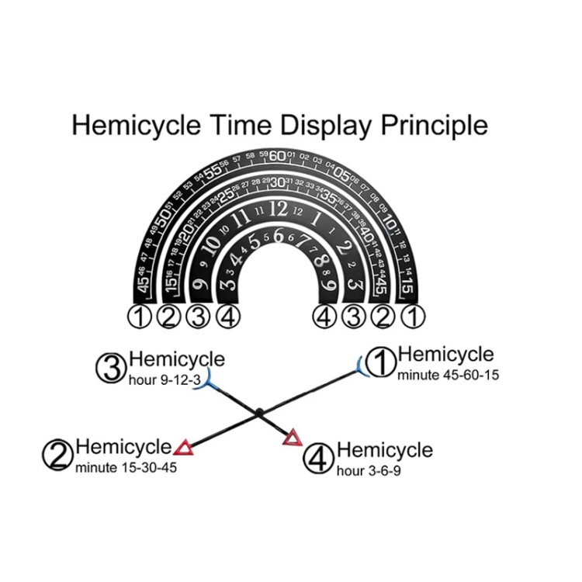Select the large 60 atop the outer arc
click(x=277, y=155)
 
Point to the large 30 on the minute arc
click(x=277, y=182)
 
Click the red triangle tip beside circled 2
click(x=183, y=447)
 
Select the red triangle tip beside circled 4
click(x=293, y=439)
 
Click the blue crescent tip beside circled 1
click(x=360, y=364)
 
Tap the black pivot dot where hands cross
click(x=259, y=411)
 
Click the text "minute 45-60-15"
click(x=448, y=375)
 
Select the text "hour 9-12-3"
click(x=161, y=379)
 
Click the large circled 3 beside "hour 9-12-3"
click(x=111, y=368)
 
